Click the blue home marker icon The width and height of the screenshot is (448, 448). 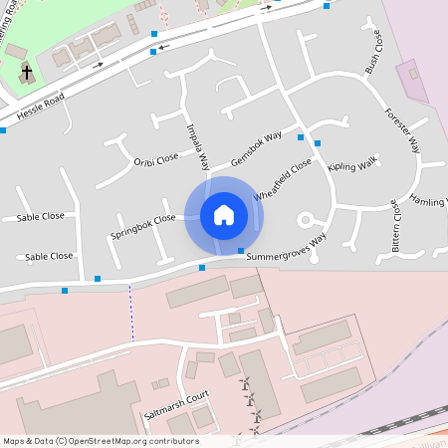(224, 214)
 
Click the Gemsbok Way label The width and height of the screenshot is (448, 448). (257, 148)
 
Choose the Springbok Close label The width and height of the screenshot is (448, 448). (143, 226)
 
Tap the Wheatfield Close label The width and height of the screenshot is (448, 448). (283, 180)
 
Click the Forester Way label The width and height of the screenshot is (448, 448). (403, 129)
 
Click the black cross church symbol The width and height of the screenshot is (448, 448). (28, 74)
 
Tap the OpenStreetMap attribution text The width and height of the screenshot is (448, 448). (100, 441)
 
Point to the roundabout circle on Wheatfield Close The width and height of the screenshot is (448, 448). (306, 219)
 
